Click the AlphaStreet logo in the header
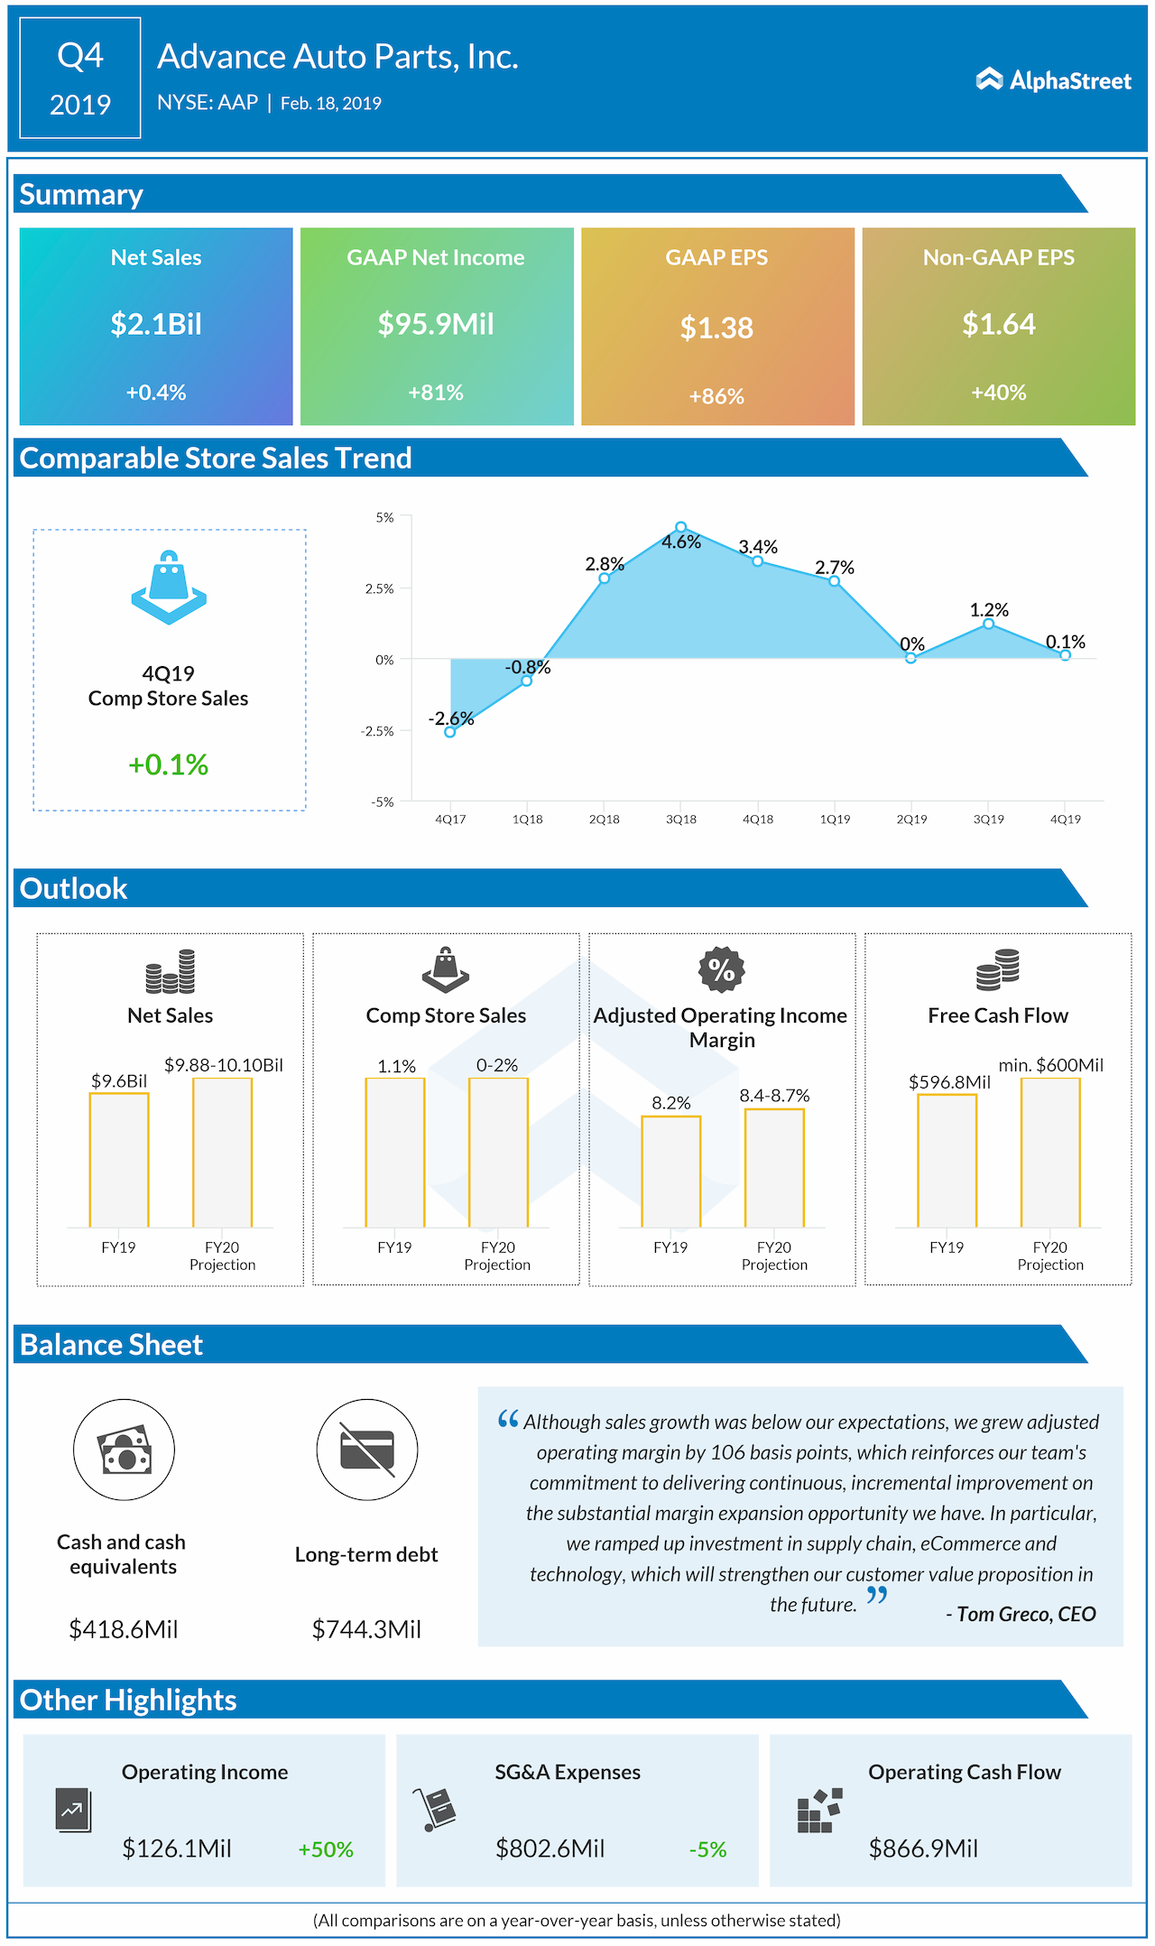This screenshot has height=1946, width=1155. (1053, 80)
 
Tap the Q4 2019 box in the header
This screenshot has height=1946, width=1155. (80, 79)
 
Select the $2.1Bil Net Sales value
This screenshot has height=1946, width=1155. (156, 324)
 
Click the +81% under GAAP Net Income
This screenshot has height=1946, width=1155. (436, 393)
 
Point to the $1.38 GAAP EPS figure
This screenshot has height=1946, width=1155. (716, 328)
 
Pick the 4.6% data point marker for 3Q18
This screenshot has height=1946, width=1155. (681, 527)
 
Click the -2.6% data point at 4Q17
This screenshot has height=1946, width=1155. (450, 732)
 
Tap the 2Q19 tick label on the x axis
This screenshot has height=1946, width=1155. (911, 819)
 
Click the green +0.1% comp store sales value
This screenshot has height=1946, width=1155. (169, 764)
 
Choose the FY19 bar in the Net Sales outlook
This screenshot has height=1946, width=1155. (119, 1160)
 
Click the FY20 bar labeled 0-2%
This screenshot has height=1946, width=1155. (498, 1153)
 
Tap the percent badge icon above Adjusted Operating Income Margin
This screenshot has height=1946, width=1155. (721, 969)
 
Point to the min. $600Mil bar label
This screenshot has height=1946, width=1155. (1050, 1065)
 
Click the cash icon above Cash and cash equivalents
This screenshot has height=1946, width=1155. (124, 1450)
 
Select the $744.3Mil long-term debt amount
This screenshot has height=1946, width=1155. (366, 1629)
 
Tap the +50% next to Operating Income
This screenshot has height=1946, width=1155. (326, 1849)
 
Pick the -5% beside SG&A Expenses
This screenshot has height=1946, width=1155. (707, 1849)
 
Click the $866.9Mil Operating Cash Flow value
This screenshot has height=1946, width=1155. (923, 1849)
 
